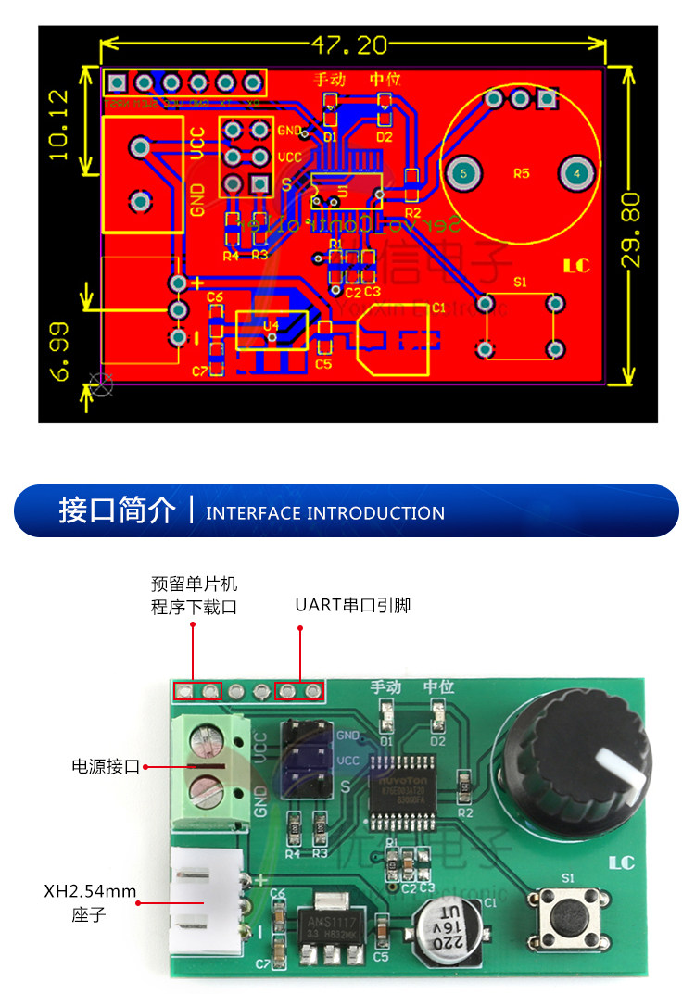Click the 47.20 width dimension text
pyautogui.click(x=349, y=44)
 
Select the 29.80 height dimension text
pyautogui.click(x=630, y=230)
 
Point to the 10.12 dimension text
pyautogui.click(x=57, y=125)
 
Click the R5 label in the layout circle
pyautogui.click(x=522, y=173)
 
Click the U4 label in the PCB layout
pyautogui.click(x=271, y=326)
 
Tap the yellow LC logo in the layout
pyautogui.click(x=575, y=266)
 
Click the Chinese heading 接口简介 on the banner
pyautogui.click(x=117, y=510)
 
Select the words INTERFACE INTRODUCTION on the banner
pyautogui.click(x=325, y=513)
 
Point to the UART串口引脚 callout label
pyautogui.click(x=352, y=606)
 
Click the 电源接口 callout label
pyautogui.click(x=106, y=767)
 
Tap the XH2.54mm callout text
pyautogui.click(x=90, y=892)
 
